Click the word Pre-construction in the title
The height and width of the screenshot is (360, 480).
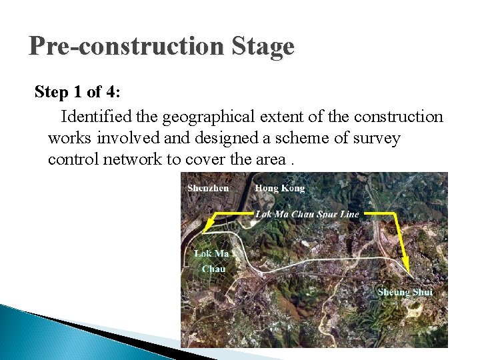click(127, 47)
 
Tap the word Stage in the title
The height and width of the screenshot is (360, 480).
click(263, 47)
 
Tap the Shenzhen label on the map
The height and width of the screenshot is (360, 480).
click(208, 188)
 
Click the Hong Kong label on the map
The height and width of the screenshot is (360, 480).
click(279, 188)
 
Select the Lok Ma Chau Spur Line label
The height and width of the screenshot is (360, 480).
click(307, 214)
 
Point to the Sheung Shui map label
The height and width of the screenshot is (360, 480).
click(405, 292)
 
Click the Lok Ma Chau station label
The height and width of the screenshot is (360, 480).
click(213, 261)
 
